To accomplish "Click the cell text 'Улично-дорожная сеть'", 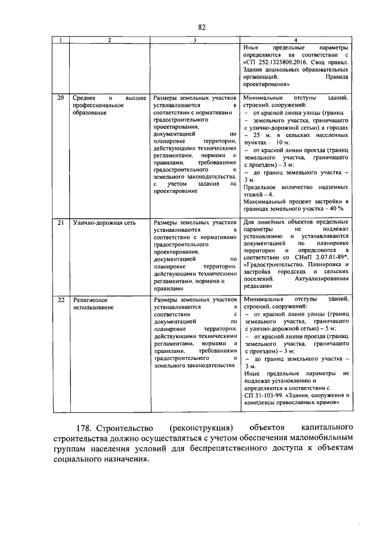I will tap(103, 223).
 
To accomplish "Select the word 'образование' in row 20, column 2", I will tap(90, 112).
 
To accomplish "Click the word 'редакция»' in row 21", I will tap(257, 286).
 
